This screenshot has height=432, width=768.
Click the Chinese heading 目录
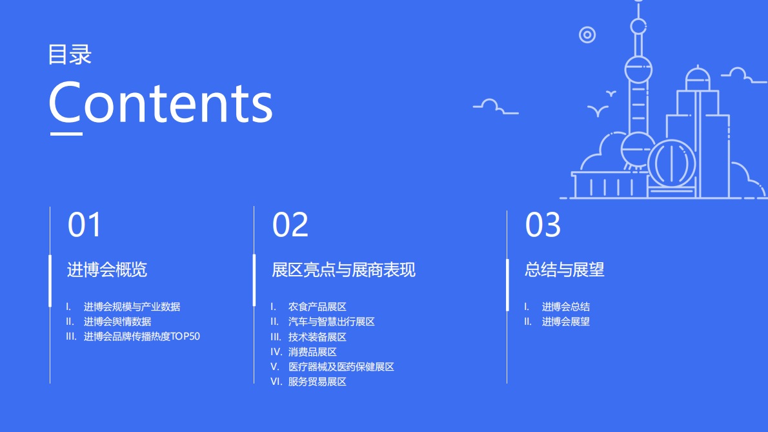70,55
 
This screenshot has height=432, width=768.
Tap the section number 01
85,225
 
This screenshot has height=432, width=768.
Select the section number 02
290,225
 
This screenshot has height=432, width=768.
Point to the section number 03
543,225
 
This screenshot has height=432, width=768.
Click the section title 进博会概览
107,270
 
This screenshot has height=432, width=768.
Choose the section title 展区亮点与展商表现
343,270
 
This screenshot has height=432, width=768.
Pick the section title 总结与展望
565,270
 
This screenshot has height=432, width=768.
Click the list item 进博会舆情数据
117,322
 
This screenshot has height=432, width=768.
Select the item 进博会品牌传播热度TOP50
142,336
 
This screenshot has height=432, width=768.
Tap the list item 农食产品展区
318,307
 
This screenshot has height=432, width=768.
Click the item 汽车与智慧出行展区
332,322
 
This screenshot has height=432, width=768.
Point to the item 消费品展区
312,352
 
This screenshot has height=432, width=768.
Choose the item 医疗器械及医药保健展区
341,367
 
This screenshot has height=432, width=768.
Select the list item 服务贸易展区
318,382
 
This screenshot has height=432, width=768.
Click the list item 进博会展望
566,322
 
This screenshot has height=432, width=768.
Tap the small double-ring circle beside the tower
587,35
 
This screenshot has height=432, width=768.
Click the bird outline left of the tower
598,110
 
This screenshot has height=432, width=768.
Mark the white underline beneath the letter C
66,134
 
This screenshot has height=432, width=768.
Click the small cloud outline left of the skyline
494,107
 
